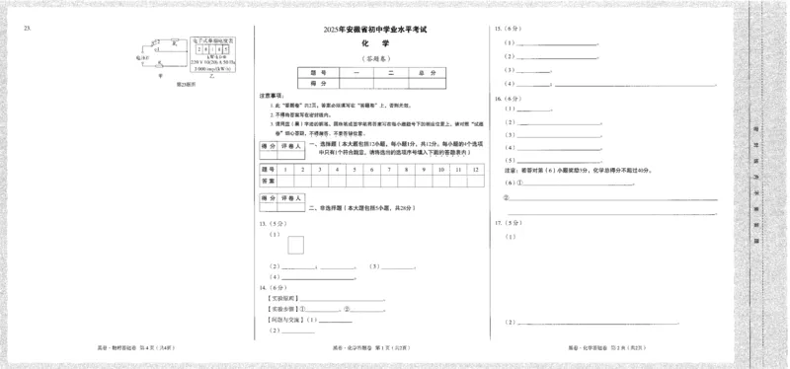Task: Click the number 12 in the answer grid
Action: tap(476, 170)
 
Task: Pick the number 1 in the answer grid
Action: tap(285, 170)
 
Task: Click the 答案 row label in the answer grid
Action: tap(268, 182)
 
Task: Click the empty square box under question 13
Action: tap(296, 246)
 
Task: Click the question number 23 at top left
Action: tap(28, 28)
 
